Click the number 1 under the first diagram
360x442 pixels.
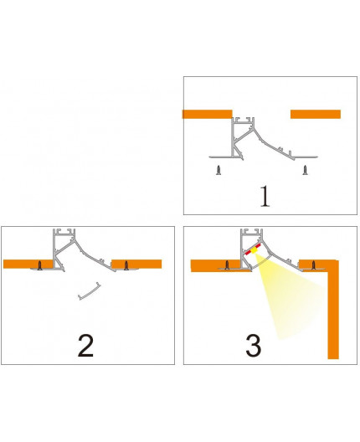265,196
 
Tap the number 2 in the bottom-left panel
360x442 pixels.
85,344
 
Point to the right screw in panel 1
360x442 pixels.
304,170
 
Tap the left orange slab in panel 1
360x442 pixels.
206,114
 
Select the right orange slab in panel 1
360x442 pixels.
315,114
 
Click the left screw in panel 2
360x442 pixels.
39,265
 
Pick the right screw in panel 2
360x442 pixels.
126,265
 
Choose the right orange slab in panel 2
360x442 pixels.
138,264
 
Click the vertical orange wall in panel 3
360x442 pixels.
332,310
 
